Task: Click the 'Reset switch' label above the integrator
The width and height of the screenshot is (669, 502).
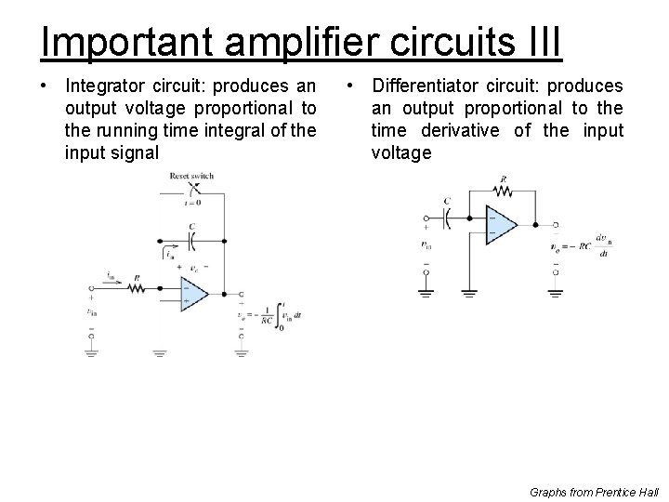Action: click(x=193, y=176)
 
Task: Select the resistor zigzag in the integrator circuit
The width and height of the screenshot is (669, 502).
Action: click(x=136, y=289)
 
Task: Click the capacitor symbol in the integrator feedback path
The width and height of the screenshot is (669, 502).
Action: click(x=192, y=239)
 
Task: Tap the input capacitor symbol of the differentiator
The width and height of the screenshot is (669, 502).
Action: click(x=447, y=218)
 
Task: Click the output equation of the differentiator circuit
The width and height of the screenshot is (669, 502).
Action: click(x=584, y=245)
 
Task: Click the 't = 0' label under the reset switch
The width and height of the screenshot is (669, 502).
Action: click(x=192, y=202)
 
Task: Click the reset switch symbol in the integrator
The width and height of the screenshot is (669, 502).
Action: click(x=192, y=189)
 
